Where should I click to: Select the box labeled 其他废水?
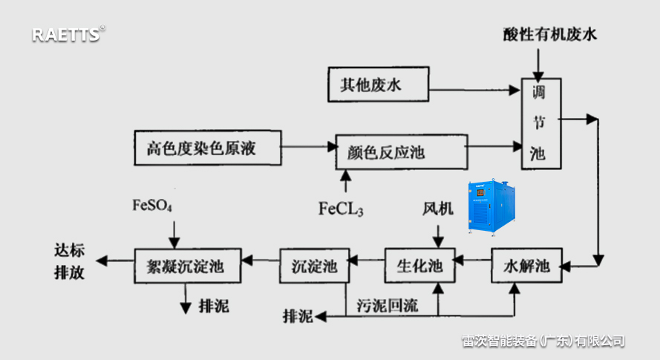coord(379,84)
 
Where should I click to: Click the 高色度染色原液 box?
coord(208,148)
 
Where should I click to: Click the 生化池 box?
coord(419,266)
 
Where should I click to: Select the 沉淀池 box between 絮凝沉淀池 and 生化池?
coord(315,266)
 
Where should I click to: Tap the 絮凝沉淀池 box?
coord(191,266)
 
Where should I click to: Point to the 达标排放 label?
coord(69,261)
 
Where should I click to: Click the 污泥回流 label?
coord(388,304)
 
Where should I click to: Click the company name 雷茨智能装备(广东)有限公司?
coord(543,341)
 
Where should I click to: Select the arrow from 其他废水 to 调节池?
coord(475,91)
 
